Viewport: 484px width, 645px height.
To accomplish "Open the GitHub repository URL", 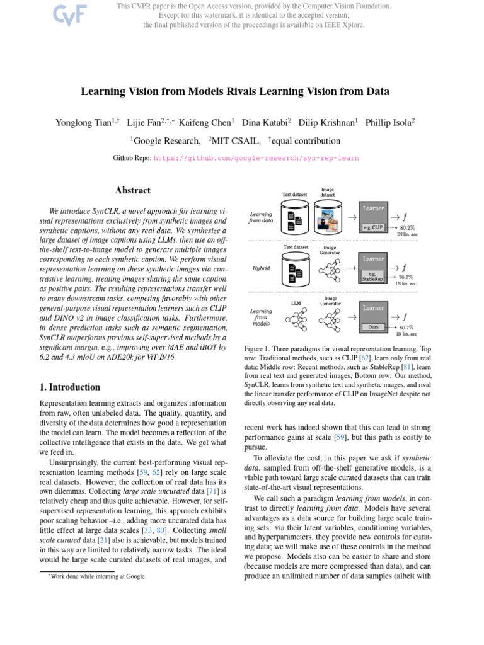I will coord(256,159).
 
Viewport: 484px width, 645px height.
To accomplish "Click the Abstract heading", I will coord(133,190).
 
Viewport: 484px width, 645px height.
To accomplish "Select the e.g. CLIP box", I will coord(373,227).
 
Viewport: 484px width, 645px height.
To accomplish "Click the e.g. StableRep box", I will coord(373,276).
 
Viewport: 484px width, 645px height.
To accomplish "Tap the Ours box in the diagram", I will coord(373,327).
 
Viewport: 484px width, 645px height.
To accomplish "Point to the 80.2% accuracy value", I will coord(407,227).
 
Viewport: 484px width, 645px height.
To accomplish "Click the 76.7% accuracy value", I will coord(406,277).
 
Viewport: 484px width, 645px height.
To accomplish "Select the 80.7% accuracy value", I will coord(406,328).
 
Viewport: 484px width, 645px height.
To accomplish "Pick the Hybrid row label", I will coord(261,268).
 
